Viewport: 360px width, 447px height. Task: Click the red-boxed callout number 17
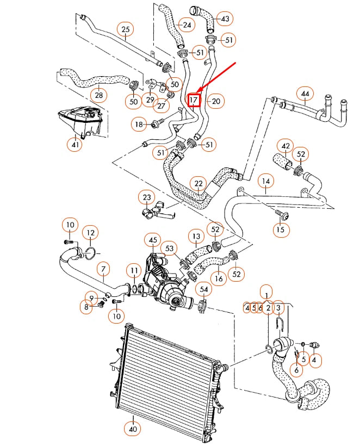(x=194, y=100)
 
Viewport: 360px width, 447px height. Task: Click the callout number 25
(x=126, y=29)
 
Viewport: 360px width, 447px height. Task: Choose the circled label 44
(x=305, y=94)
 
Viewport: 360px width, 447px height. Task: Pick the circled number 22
(x=198, y=184)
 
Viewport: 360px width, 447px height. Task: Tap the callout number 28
(x=98, y=96)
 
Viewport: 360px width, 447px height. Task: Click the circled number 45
(x=153, y=240)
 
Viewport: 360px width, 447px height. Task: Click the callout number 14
(x=265, y=181)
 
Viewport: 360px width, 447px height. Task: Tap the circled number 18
(x=139, y=125)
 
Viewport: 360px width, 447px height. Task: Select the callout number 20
(x=216, y=101)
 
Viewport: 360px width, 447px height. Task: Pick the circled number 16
(x=219, y=280)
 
